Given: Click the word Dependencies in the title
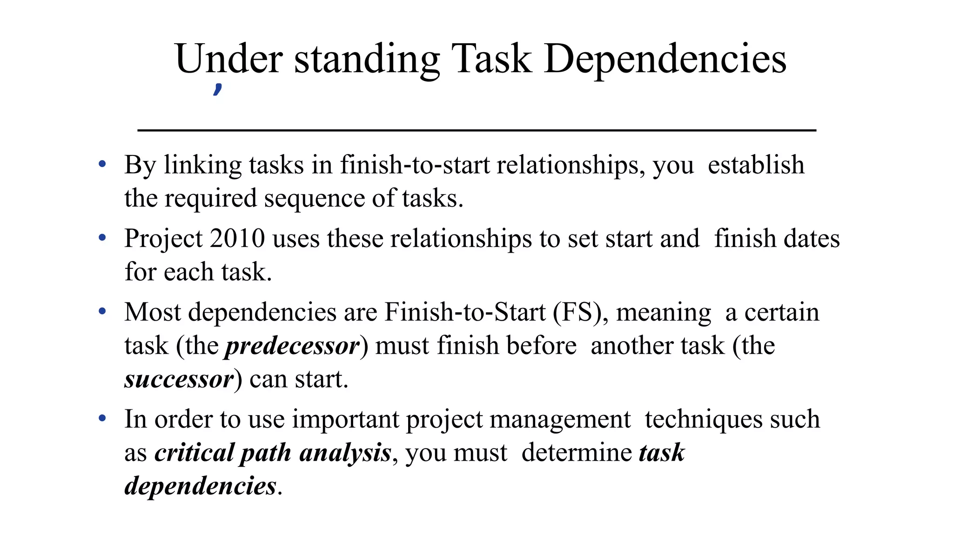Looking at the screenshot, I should [x=665, y=60].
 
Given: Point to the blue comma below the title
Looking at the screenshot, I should [x=217, y=89].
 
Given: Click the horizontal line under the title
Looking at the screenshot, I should [x=476, y=130].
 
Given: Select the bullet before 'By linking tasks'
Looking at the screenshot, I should [x=102, y=164].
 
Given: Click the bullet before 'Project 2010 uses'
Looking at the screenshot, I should [x=102, y=238].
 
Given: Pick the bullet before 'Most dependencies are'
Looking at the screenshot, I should [x=102, y=311].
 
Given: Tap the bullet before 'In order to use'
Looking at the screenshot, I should [x=102, y=418].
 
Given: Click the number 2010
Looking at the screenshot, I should [x=237, y=239].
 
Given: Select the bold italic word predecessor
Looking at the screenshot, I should [x=292, y=346].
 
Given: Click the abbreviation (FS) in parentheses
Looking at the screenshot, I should [x=580, y=312].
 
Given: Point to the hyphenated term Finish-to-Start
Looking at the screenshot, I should [x=465, y=312].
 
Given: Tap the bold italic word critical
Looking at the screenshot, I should [x=195, y=453].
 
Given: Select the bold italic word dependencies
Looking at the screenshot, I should [x=201, y=486].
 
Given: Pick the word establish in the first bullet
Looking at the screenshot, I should [x=756, y=165].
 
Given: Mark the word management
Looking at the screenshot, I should [x=560, y=420].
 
